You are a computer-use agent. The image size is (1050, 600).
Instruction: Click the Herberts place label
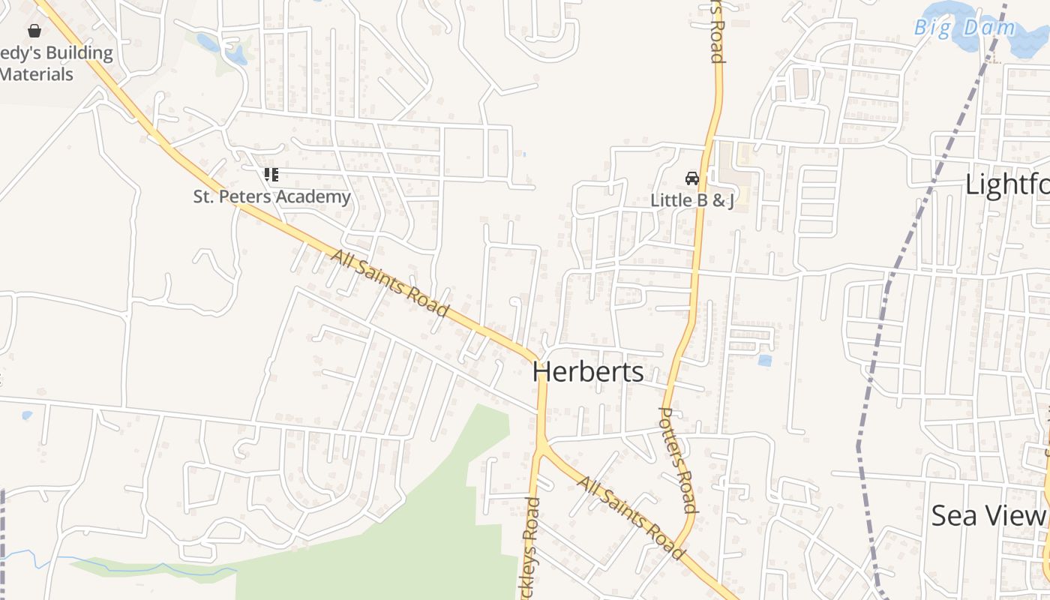pos(588,372)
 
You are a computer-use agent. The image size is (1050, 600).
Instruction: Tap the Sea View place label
pos(988,515)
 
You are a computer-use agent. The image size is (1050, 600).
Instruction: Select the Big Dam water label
pos(965,28)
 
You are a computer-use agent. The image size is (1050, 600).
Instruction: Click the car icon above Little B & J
pos(691,178)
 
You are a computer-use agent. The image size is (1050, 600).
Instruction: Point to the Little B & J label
pos(691,200)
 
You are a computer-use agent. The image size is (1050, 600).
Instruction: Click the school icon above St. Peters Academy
pos(271,175)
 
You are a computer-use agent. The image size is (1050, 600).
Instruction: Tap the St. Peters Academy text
pos(271,196)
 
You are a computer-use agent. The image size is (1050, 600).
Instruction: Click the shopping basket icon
pos(34,31)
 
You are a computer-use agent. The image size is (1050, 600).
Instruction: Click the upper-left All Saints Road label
pos(390,284)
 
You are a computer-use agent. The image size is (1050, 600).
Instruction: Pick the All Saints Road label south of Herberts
pos(630,517)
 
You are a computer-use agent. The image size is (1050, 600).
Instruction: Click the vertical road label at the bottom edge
pos(531,547)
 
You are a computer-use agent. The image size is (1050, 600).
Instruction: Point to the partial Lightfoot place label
pos(1006,184)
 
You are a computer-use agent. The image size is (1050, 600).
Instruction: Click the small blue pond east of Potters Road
pos(764,361)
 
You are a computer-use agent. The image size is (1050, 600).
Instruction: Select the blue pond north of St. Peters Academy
pos(235,55)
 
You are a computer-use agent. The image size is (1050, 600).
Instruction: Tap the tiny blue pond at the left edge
pos(27,415)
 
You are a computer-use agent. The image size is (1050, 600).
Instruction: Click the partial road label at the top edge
pos(716,30)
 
